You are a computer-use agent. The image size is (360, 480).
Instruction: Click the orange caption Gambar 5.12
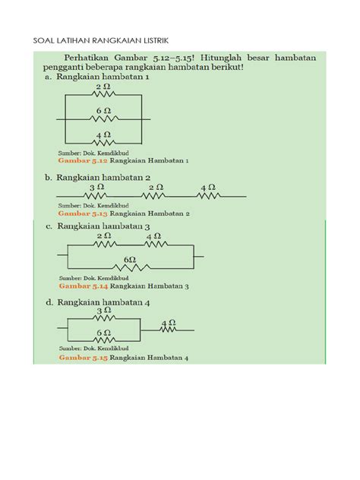(x=83, y=161)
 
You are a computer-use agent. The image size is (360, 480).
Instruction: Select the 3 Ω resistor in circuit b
(x=97, y=196)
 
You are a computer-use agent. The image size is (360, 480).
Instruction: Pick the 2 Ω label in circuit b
(x=156, y=187)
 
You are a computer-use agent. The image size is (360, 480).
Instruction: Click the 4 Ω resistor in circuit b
(x=208, y=196)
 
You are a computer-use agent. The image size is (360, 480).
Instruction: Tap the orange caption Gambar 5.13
(x=83, y=213)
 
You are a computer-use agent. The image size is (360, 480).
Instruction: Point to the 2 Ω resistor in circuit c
(x=104, y=245)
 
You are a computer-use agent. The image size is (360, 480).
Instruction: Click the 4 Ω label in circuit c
(x=155, y=236)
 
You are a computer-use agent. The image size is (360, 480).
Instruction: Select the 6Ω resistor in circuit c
(x=130, y=268)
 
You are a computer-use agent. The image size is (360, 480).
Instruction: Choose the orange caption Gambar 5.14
(x=83, y=286)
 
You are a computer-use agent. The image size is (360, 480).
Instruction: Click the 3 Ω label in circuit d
(x=104, y=311)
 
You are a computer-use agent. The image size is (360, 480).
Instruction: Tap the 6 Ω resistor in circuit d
(x=104, y=342)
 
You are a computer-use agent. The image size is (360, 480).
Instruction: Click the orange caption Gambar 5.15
(x=83, y=357)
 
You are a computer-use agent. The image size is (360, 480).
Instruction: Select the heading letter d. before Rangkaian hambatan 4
(x=49, y=300)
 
